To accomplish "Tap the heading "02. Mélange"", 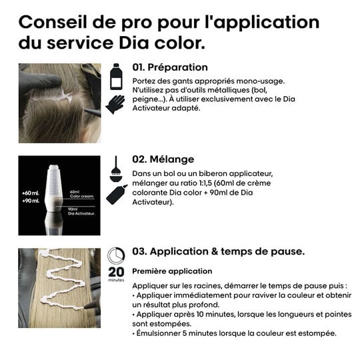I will [163, 160].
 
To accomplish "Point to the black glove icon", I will [115, 104].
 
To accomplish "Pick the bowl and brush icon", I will [115, 166].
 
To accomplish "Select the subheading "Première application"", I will [172, 271].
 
